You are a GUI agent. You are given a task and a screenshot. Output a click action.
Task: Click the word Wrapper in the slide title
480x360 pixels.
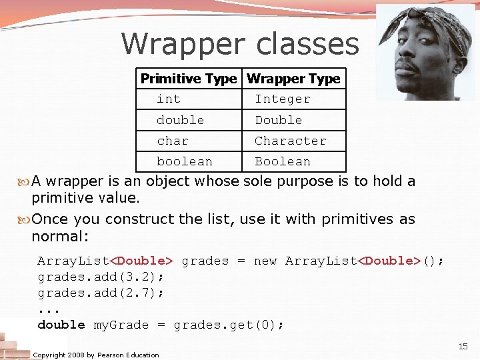point(175,44)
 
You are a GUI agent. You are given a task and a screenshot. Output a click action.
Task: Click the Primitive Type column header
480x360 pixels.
point(189,79)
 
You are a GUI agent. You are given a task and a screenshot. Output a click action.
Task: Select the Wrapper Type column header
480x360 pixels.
point(293,79)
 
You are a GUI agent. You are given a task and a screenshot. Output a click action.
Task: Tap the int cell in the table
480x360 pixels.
point(169,99)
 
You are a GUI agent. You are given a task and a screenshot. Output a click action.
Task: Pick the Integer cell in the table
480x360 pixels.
point(283,99)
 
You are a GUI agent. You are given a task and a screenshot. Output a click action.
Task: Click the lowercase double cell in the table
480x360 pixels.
point(180,120)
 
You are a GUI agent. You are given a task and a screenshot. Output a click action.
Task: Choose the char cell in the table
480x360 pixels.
point(173,141)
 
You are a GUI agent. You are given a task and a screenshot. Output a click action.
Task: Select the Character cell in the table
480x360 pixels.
point(290,141)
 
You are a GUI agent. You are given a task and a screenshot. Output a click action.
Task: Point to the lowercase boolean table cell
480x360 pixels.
point(185,161)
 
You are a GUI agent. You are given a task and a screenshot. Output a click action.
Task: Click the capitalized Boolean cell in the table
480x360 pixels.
point(283,161)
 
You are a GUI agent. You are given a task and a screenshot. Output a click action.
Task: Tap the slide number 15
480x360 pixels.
point(463,346)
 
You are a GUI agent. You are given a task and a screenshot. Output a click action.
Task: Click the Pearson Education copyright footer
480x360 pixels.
point(96,355)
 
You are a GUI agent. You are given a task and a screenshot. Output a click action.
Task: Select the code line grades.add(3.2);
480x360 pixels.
point(101,277)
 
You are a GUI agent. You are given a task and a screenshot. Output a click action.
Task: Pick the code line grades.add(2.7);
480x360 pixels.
point(101,293)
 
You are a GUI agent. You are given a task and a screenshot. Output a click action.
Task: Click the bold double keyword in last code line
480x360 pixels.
point(61,325)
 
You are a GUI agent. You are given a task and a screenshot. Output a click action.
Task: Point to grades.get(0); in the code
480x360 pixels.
point(229,325)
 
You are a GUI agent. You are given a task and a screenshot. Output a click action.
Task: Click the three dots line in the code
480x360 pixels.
point(49,309)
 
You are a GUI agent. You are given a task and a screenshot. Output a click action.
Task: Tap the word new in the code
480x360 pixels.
point(265,261)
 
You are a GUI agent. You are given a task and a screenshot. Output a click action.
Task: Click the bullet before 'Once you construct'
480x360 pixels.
point(25,219)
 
